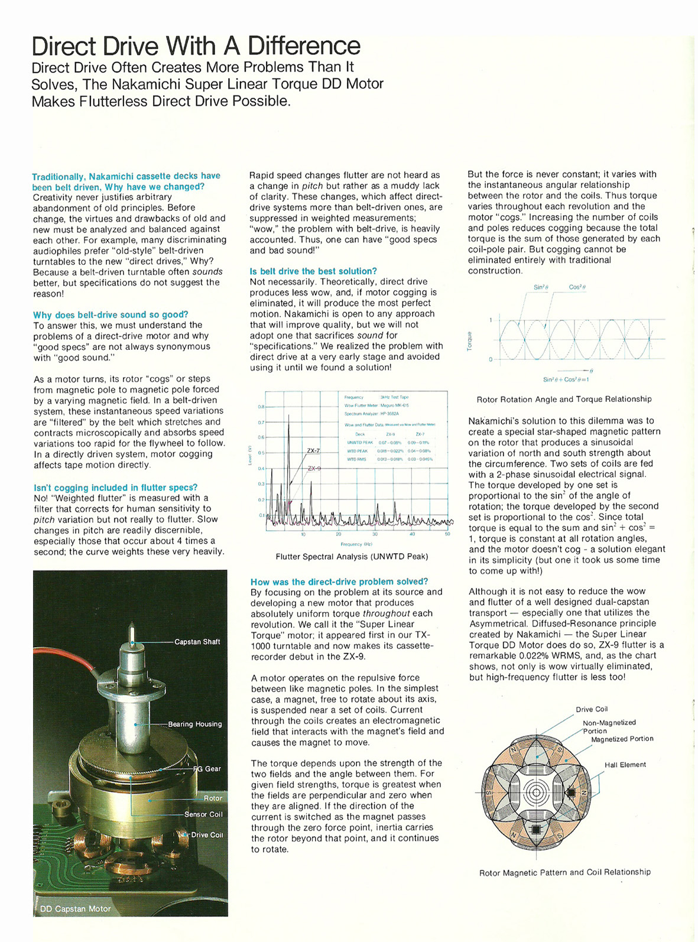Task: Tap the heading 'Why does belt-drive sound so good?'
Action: pyautogui.click(x=111, y=314)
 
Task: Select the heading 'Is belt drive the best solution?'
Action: pyautogui.click(x=313, y=271)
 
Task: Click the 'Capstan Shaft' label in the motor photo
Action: pyautogui.click(x=197, y=642)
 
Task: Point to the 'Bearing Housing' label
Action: pyautogui.click(x=194, y=724)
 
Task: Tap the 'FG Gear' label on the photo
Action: pyautogui.click(x=207, y=769)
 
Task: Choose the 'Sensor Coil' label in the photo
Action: pyautogui.click(x=203, y=814)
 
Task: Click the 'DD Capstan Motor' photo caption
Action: pyautogui.click(x=75, y=909)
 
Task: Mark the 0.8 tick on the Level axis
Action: pyautogui.click(x=261, y=407)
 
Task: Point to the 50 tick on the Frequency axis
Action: pyautogui.click(x=447, y=534)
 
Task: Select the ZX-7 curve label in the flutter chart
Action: pyautogui.click(x=313, y=451)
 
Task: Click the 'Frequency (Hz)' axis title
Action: pyautogui.click(x=356, y=544)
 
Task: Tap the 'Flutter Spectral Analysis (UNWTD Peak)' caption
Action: pyautogui.click(x=352, y=557)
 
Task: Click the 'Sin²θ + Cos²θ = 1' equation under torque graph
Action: pyautogui.click(x=566, y=379)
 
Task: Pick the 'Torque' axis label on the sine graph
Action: pyautogui.click(x=470, y=340)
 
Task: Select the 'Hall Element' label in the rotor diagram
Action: pyautogui.click(x=625, y=765)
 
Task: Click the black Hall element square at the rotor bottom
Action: pyautogui.click(x=536, y=830)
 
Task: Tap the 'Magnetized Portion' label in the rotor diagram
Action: pyautogui.click(x=622, y=739)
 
